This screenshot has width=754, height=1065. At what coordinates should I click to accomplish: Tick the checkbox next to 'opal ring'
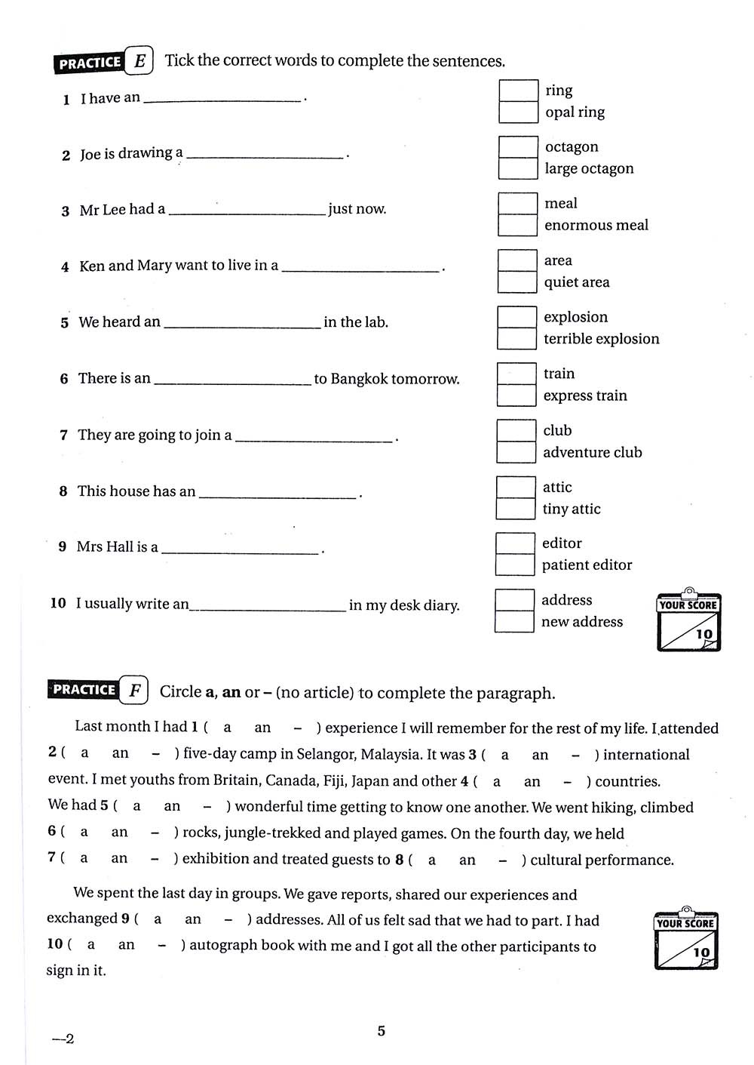tap(518, 112)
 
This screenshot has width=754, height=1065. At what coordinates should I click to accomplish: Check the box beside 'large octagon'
tap(517, 168)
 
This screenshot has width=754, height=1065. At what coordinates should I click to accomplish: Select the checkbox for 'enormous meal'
tap(517, 225)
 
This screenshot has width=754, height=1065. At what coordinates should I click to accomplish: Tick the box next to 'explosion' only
tap(516, 317)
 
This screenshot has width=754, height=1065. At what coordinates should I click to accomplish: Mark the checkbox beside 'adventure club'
tap(516, 452)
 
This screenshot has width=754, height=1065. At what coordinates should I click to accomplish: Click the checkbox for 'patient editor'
tap(515, 565)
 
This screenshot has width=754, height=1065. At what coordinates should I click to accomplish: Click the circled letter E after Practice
tap(139, 61)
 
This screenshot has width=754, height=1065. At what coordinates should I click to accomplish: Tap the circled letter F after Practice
tap(134, 691)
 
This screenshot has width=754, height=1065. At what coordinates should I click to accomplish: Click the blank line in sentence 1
tap(222, 99)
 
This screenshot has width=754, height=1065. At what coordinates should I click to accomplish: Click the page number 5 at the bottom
tap(381, 1031)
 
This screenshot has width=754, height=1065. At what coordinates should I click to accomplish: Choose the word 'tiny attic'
tap(572, 509)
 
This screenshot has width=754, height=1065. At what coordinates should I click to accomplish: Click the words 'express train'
tap(585, 396)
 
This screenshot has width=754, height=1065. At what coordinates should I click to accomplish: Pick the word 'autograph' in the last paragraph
tap(223, 946)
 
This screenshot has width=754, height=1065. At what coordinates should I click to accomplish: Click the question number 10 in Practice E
tap(58, 603)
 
